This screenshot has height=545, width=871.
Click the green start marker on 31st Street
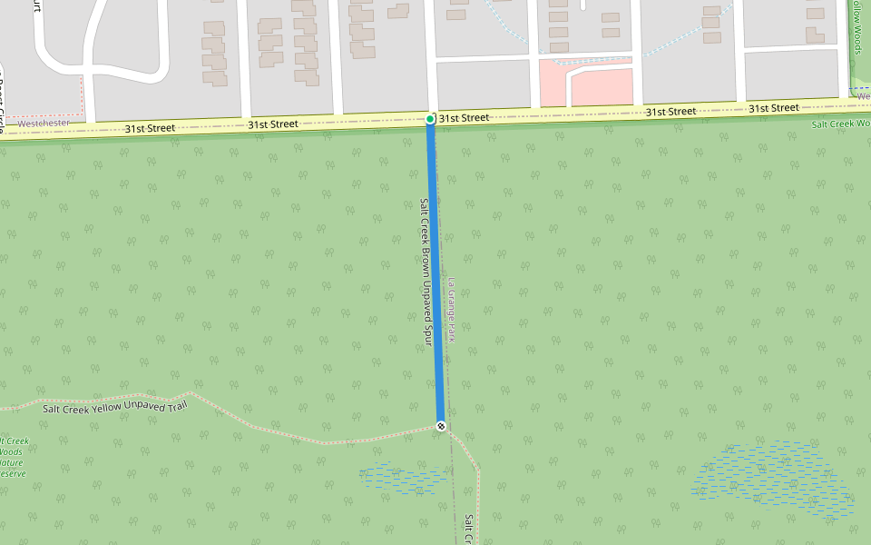(430, 119)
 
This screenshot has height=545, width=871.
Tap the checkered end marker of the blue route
(441, 426)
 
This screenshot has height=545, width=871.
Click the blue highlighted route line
(435, 272)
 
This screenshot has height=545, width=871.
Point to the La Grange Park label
(451, 310)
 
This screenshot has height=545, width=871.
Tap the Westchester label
(44, 122)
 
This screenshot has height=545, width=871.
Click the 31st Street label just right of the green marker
(464, 118)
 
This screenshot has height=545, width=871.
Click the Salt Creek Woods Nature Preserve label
(13, 458)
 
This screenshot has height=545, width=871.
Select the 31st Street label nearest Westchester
(150, 128)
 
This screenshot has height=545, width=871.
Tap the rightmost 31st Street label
(773, 108)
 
